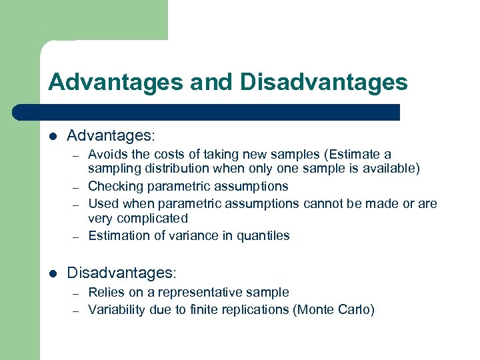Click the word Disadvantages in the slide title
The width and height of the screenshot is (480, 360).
tap(323, 82)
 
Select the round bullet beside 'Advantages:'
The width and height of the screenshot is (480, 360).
tap(53, 137)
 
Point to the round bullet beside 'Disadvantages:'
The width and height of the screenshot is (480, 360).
tap(53, 273)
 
